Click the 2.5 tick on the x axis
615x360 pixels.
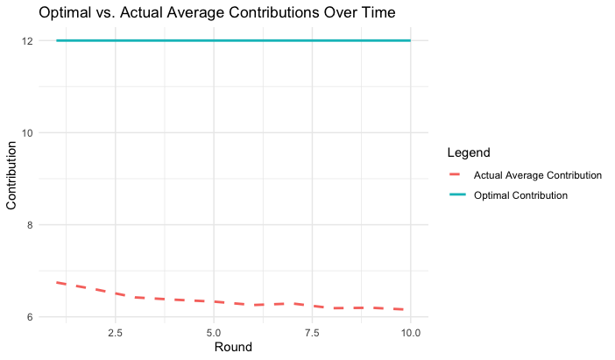click(x=115, y=333)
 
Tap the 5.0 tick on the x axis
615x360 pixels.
click(x=214, y=333)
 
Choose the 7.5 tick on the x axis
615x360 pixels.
click(x=312, y=333)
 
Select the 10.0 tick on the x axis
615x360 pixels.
click(x=410, y=333)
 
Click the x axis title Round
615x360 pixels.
click(x=233, y=348)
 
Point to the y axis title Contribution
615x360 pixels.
click(x=12, y=179)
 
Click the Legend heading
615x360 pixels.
click(x=468, y=153)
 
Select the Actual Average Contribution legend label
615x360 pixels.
click(x=537, y=175)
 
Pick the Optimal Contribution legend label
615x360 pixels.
click(x=520, y=195)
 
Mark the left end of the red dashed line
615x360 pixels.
click(x=56, y=282)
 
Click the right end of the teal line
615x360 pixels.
click(x=410, y=40)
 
